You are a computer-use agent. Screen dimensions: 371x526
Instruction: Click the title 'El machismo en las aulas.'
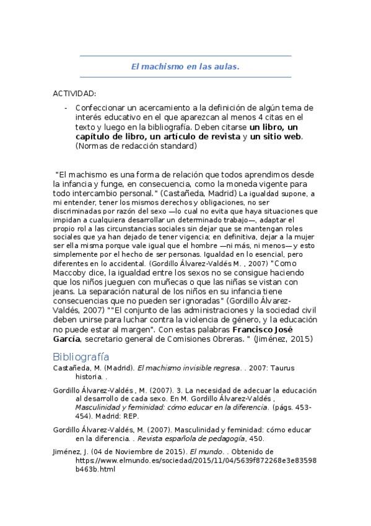click(x=185, y=66)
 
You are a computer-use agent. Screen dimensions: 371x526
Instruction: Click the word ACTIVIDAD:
click(x=74, y=94)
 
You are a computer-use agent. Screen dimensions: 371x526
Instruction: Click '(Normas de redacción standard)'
click(x=136, y=146)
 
